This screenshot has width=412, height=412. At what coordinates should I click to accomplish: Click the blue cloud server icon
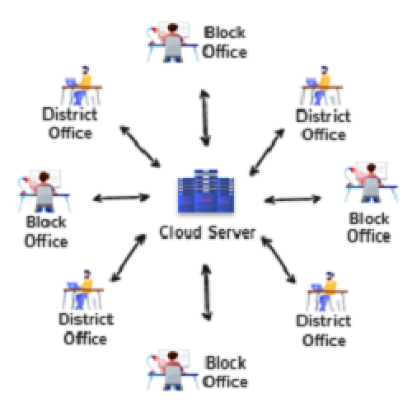tap(206, 191)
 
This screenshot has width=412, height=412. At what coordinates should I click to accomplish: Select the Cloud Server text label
tap(208, 232)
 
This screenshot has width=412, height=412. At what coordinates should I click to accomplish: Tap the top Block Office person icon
tap(172, 42)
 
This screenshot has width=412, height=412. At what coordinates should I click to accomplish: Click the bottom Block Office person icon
tap(172, 370)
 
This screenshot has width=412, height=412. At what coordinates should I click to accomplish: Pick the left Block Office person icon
tap(44, 191)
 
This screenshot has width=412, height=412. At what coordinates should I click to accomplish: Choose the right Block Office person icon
tap(372, 182)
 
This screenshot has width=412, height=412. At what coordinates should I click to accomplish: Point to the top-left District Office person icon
tap(82, 86)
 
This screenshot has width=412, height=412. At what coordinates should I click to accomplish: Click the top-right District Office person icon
tap(321, 86)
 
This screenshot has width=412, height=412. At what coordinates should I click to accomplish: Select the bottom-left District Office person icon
tap(83, 289)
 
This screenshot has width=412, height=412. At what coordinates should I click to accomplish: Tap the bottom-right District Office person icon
tap(327, 291)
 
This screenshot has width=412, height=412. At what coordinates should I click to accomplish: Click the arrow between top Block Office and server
tap(205, 118)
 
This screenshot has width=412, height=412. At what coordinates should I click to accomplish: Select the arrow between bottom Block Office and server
tap(207, 293)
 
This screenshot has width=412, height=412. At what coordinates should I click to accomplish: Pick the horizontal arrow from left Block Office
tap(121, 198)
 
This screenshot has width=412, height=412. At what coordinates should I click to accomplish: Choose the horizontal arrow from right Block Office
tap(293, 199)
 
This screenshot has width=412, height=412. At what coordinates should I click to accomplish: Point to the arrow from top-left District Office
tap(140, 146)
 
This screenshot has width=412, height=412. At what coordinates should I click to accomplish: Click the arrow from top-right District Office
tap(267, 152)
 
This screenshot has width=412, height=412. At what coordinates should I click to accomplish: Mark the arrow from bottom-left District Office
tap(128, 258)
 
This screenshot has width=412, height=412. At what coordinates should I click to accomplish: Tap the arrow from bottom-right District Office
tap(279, 260)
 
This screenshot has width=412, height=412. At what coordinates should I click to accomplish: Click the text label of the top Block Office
tap(225, 42)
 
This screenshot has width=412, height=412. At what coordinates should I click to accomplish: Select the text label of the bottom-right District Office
tap(324, 330)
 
